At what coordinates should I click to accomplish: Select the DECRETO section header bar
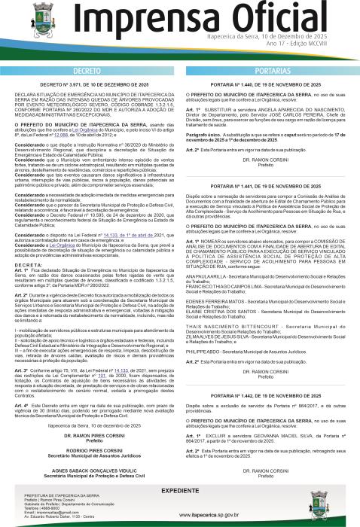(x=91, y=69)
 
